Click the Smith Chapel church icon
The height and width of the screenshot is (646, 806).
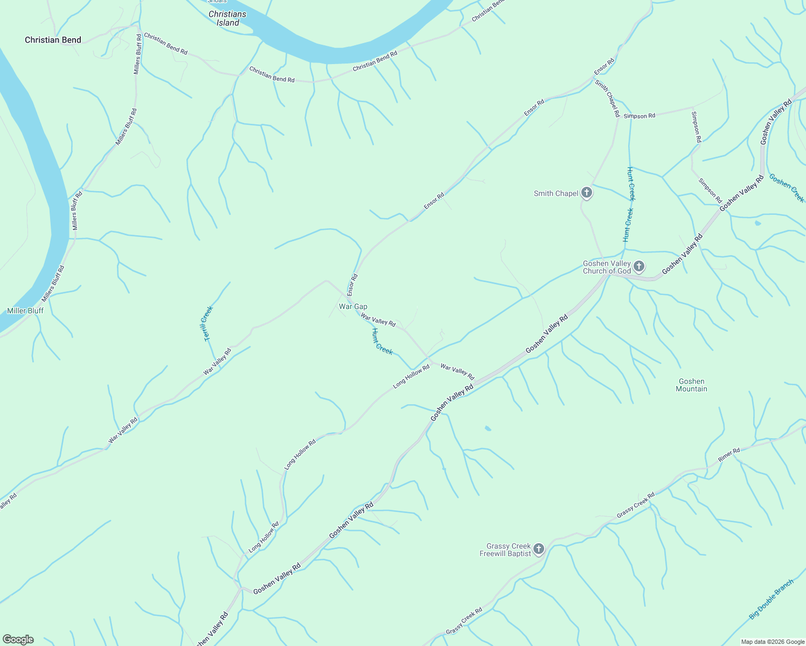pyautogui.click(x=587, y=193)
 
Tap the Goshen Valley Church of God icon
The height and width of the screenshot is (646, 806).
pyautogui.click(x=639, y=266)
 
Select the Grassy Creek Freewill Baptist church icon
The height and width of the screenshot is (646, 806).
pyautogui.click(x=539, y=549)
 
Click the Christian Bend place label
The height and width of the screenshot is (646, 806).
pyautogui.click(x=53, y=40)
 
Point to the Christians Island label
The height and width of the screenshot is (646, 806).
pyautogui.click(x=227, y=18)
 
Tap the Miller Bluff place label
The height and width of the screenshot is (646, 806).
pyautogui.click(x=25, y=311)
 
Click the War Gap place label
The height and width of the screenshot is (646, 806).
pyautogui.click(x=353, y=306)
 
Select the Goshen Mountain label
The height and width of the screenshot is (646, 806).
pyautogui.click(x=691, y=385)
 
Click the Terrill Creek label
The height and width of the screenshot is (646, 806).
pyautogui.click(x=208, y=323)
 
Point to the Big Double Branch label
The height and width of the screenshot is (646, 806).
pyautogui.click(x=772, y=599)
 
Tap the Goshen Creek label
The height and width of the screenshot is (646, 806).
pyautogui.click(x=787, y=188)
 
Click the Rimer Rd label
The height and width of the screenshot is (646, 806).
pyautogui.click(x=729, y=455)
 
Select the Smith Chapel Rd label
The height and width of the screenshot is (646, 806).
pyautogui.click(x=607, y=99)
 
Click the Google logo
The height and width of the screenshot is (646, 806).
pyautogui.click(x=18, y=640)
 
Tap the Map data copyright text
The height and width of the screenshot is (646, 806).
pyautogui.click(x=773, y=642)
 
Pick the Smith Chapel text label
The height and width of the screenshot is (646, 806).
pyautogui.click(x=556, y=193)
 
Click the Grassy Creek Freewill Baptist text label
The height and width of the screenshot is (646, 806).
pyautogui.click(x=505, y=550)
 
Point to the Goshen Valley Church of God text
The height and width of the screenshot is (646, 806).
pyautogui.click(x=607, y=267)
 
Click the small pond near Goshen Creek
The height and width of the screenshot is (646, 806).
pyautogui.click(x=758, y=223)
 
